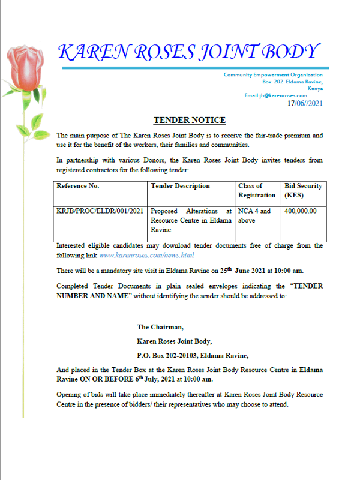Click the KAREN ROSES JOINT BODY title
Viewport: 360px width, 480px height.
[188, 52]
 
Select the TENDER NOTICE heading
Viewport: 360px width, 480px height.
[190, 121]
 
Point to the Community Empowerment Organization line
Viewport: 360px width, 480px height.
[273, 74]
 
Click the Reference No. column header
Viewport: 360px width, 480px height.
[77, 186]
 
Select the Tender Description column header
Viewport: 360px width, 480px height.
[180, 186]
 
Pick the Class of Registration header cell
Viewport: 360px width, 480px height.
[256, 190]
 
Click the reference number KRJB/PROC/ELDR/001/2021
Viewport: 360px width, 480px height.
[100, 211]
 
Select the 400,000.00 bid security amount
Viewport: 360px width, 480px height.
[301, 211]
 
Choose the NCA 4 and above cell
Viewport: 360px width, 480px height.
[254, 215]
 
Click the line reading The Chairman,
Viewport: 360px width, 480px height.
[160, 327]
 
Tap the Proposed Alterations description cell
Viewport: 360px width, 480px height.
[191, 220]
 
